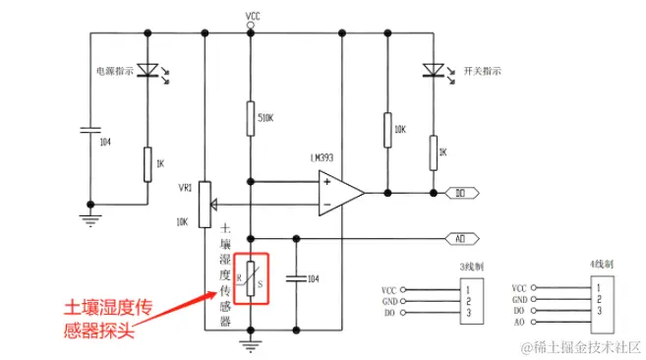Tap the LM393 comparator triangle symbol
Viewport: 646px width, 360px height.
tap(335, 193)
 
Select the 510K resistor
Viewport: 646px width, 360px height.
tap(252, 118)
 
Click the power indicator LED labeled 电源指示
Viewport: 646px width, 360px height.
tap(147, 70)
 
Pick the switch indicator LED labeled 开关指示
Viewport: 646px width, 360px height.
tap(432, 70)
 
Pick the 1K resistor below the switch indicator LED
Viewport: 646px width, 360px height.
tap(432, 151)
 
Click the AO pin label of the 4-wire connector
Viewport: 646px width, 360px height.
tap(520, 322)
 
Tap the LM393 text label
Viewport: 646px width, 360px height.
tap(323, 158)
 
